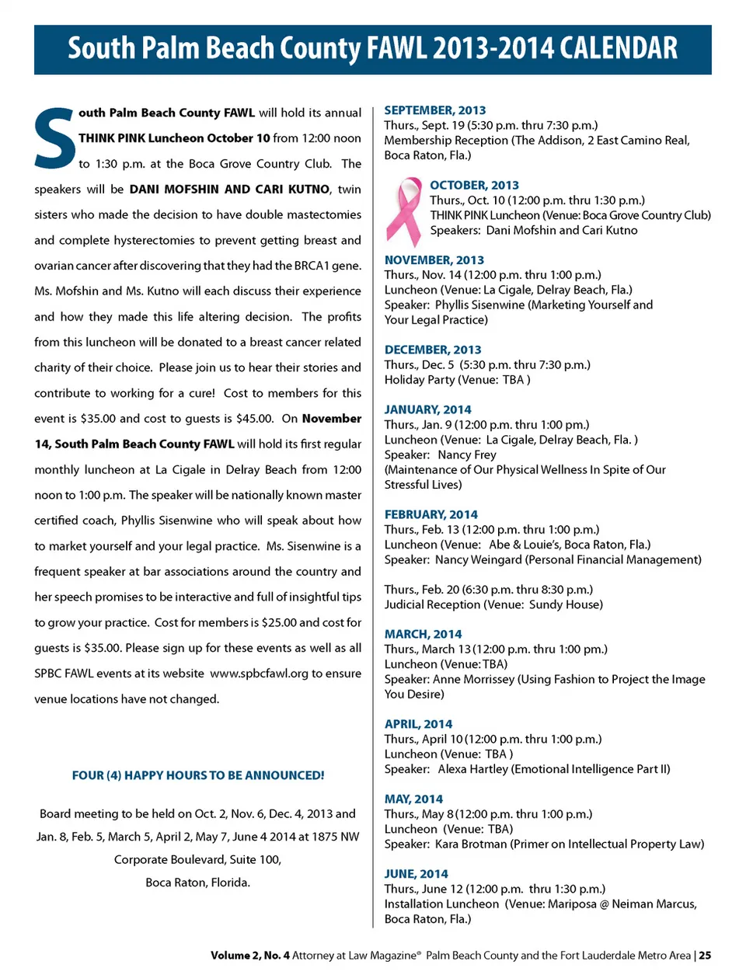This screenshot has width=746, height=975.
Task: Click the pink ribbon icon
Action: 403,211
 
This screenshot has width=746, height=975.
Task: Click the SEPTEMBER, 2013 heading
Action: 434,110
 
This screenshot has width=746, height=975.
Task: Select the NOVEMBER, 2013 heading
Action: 434,260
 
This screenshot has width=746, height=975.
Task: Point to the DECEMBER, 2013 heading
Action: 433,350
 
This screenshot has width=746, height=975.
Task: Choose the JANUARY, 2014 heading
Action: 427,409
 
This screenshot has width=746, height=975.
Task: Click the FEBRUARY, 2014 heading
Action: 431,514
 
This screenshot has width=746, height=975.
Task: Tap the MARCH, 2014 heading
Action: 423,634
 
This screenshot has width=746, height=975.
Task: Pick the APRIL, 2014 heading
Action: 418,724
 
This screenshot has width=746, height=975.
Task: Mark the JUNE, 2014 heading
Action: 416,874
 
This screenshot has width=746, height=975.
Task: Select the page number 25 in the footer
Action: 705,956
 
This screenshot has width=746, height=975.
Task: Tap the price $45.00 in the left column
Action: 254,419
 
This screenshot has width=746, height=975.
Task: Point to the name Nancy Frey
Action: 466,454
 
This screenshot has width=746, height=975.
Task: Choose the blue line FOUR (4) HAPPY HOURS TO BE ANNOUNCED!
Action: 198,775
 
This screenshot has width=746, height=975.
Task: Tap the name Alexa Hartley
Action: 472,769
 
